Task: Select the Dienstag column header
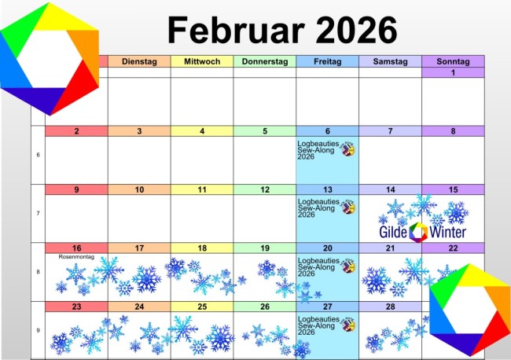(x=139, y=61)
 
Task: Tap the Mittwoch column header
(x=202, y=61)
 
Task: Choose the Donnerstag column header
(x=265, y=61)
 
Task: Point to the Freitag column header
(x=327, y=61)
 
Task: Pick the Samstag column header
(x=390, y=61)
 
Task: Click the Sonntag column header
(x=454, y=61)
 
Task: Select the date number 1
(x=454, y=73)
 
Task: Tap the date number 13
(x=327, y=189)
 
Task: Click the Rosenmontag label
(x=75, y=256)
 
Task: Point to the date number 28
(x=390, y=307)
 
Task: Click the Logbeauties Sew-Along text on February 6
(x=317, y=149)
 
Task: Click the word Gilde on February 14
(x=392, y=232)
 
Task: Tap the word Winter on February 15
(x=448, y=232)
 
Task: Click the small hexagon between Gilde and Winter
(x=418, y=231)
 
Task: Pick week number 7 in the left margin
(x=38, y=214)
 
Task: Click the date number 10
(x=139, y=189)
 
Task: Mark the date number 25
(x=202, y=307)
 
